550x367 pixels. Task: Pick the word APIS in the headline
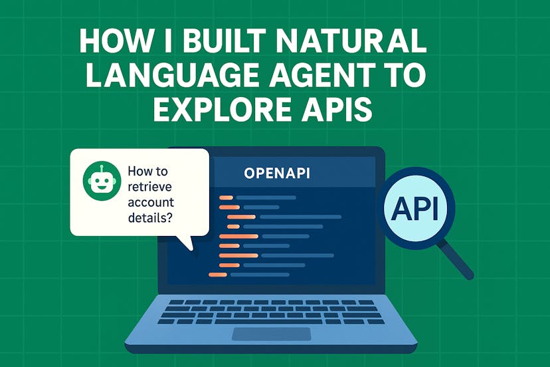tap(338, 109)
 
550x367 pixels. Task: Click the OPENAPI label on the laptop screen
tap(278, 173)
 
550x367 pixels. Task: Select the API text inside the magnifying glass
tap(415, 209)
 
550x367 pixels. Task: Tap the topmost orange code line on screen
tap(225, 197)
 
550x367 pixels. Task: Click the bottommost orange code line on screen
tap(218, 274)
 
